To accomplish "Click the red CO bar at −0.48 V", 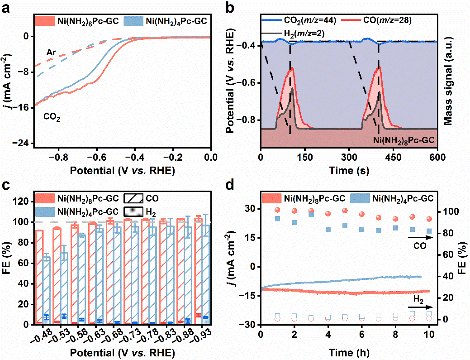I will point(39,277).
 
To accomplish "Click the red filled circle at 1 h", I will point(277,210).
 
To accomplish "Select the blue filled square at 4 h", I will point(328,230).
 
